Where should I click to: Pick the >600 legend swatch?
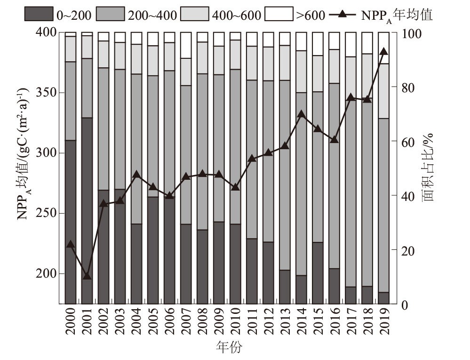(279, 15)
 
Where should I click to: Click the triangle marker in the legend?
(343, 15)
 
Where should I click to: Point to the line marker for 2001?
(87, 275)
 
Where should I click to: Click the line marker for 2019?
(383, 52)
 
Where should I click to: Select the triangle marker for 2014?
(302, 114)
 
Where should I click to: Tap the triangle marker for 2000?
(71, 244)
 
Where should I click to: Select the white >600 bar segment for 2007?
(186, 45)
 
